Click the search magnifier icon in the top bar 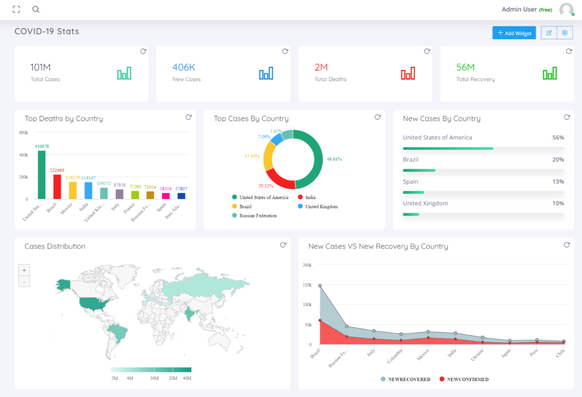(x=36, y=9)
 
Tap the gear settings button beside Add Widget (x=564, y=33)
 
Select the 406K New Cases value (x=184, y=67)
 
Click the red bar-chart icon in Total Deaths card (x=408, y=73)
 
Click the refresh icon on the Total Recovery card (x=569, y=51)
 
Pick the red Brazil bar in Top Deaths (x=57, y=187)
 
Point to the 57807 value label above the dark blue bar (x=181, y=189)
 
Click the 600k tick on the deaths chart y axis (x=24, y=133)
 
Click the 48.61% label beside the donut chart (x=334, y=159)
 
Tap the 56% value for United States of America (x=558, y=137)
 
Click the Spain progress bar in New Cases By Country (x=483, y=193)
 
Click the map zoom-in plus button (x=24, y=270)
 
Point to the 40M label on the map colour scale (x=187, y=378)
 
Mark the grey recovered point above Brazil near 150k (x=320, y=286)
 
